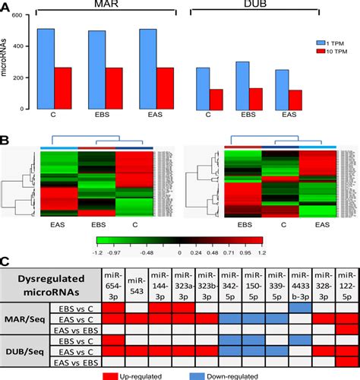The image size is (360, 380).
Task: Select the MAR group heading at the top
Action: tap(102, 5)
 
